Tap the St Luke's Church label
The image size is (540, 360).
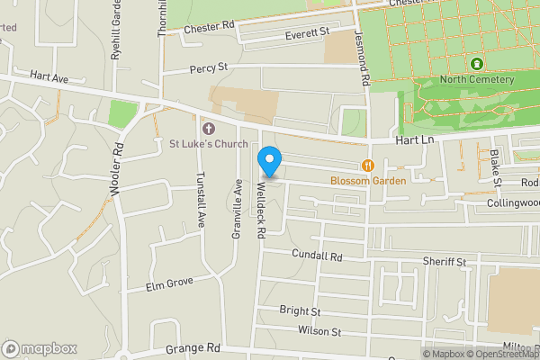209,142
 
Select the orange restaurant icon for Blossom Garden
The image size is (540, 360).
368,165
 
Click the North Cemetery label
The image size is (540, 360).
478,79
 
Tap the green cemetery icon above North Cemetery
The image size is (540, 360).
476,64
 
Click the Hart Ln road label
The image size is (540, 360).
415,141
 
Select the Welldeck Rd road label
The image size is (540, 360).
260,206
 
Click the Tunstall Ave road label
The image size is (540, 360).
201,199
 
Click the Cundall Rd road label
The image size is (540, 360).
318,256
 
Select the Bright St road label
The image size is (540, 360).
300,310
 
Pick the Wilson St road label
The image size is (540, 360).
321,331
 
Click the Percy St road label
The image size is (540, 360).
209,67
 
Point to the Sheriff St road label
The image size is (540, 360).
444,262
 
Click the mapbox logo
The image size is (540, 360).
40,348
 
